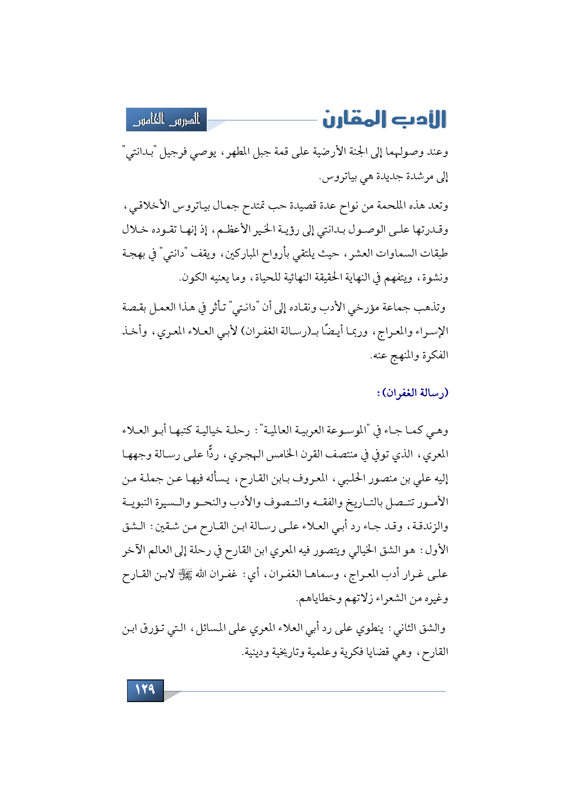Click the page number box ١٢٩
click(145, 690)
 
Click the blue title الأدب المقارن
click(384, 119)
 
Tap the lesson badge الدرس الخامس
click(166, 120)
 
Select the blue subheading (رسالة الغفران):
click(413, 393)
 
